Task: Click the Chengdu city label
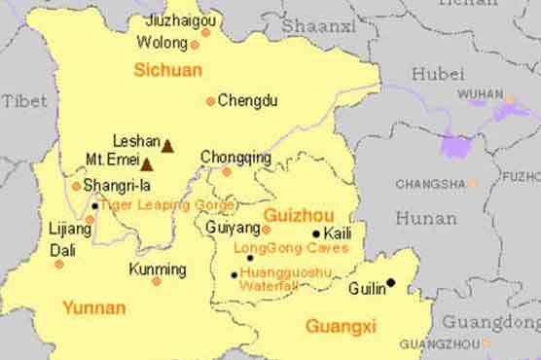(247, 100)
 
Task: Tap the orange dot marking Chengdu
(210, 101)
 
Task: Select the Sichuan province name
(168, 70)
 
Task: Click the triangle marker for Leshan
(167, 146)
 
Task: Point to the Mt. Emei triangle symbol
(147, 163)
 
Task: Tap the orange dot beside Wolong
(195, 45)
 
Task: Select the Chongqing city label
(235, 157)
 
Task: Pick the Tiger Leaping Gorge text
(167, 205)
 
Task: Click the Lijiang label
(70, 230)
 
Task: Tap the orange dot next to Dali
(59, 264)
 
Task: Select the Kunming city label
(157, 269)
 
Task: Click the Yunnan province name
(93, 308)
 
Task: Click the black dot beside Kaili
(316, 234)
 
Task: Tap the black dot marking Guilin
(391, 283)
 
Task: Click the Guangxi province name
(341, 326)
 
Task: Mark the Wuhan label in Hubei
(480, 94)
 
